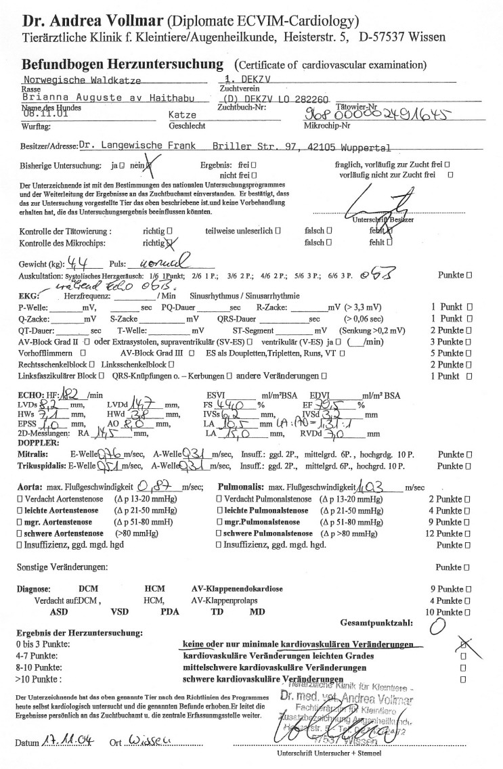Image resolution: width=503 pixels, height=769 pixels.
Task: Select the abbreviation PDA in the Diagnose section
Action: pyautogui.click(x=170, y=611)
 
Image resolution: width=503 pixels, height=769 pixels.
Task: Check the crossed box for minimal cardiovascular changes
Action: pyautogui.click(x=463, y=644)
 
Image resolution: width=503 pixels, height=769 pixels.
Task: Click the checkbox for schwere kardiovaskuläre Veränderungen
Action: pyautogui.click(x=463, y=679)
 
